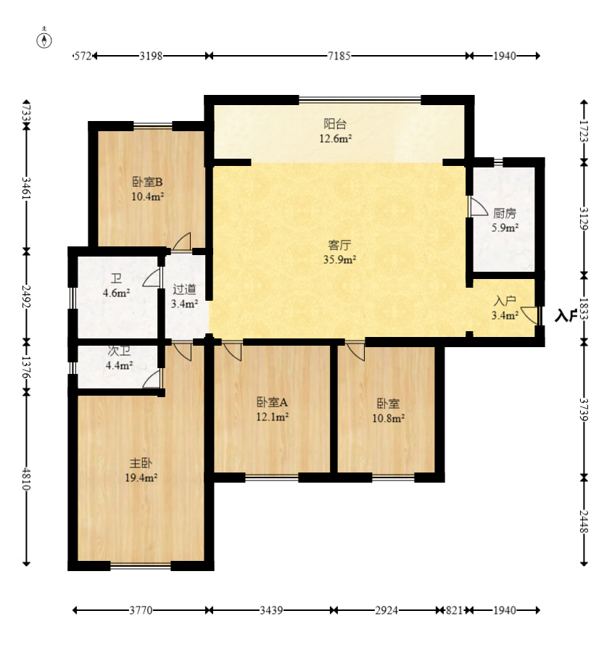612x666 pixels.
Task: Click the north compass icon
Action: pos(44,38)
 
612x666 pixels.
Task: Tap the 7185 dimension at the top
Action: pos(339,56)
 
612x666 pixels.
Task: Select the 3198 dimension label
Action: pos(151,56)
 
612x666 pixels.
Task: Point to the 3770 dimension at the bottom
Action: pos(141,610)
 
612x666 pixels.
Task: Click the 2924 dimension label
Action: pos(386,610)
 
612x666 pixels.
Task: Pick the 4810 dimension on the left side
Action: pos(26,479)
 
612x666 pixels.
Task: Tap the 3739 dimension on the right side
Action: pos(584,409)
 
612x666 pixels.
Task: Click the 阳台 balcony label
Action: pos(335,124)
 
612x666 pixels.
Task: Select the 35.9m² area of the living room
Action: pos(339,259)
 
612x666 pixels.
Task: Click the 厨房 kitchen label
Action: pos(505,213)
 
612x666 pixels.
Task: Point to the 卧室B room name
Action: pos(147,182)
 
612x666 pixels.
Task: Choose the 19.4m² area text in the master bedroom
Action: pos(141,478)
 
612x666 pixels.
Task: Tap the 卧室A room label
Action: pos(272,401)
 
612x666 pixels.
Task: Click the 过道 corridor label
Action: pos(184,289)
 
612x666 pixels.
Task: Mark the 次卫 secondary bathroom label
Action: pos(119,351)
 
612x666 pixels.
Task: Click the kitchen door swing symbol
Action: pos(478,206)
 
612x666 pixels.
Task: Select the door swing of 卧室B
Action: pos(181,241)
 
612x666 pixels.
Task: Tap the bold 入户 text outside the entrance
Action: pos(566,315)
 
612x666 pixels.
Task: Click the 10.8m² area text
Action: pos(389,418)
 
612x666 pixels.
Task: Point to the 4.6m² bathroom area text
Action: pos(116,293)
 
